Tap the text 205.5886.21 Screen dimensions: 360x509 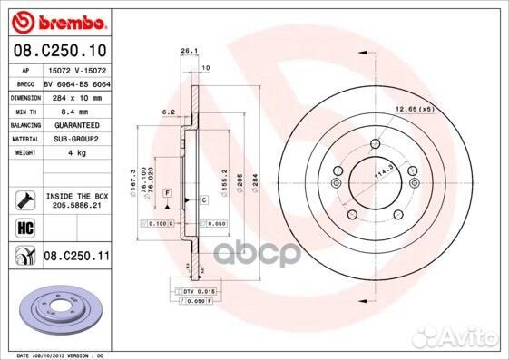tap(77, 206)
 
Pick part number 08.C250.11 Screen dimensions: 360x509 tap(76, 257)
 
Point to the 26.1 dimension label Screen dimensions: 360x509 tap(189, 51)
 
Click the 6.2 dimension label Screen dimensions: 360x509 tap(168, 112)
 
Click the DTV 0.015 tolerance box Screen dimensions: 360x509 tap(193, 290)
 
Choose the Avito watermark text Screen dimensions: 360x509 tap(471, 343)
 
